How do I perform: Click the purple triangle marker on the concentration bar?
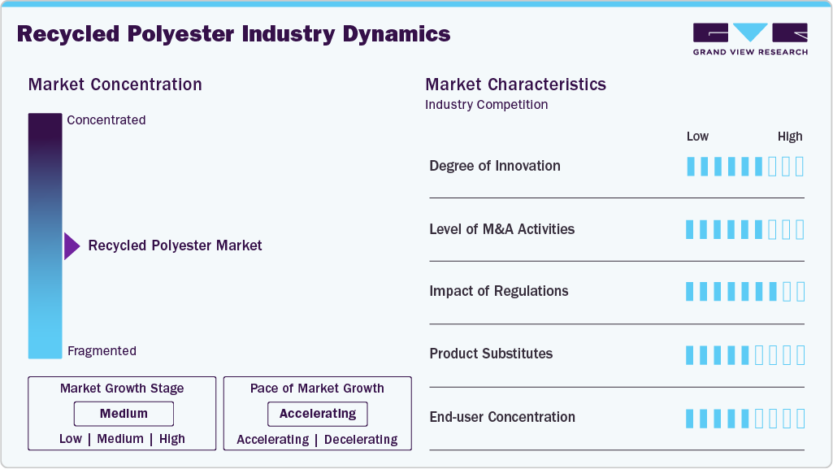72,246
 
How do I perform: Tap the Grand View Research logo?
750,39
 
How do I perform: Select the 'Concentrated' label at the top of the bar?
106,120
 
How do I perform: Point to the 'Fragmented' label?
102,351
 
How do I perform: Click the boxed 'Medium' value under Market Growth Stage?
124,414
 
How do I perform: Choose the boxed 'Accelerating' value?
318,414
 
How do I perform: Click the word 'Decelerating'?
361,440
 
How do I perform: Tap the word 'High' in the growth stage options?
172,439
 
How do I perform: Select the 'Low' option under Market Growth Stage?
71,439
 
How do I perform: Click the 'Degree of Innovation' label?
495,167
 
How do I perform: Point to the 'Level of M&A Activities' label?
502,229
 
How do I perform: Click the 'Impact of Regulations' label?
499,291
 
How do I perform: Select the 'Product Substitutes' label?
491,354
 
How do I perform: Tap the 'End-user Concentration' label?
502,417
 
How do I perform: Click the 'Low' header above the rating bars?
697,137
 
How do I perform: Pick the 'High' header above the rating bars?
790,137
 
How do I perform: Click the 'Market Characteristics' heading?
516,85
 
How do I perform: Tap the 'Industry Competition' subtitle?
486,105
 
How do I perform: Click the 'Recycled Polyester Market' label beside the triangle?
175,245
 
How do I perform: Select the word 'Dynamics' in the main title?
397,34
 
